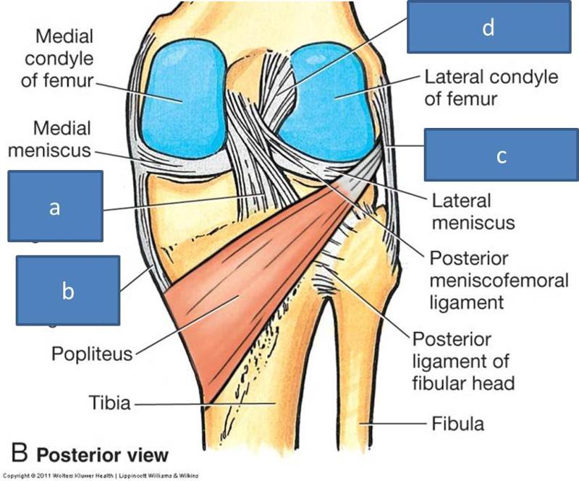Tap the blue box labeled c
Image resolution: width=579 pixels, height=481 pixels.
coord(501,155)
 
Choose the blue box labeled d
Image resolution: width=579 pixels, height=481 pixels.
coord(489,27)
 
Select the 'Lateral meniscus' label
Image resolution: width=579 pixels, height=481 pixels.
coord(473,210)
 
